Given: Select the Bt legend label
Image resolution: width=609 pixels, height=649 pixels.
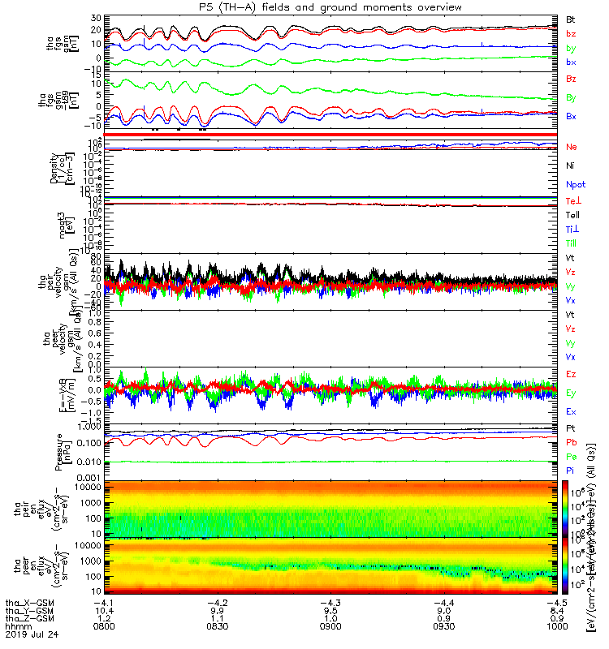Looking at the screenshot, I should [571, 19].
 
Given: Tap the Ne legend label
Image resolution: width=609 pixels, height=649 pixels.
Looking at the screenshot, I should [572, 147].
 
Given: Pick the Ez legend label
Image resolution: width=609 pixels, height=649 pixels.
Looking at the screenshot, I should [572, 374].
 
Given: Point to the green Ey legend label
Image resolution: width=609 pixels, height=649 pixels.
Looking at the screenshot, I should [572, 393].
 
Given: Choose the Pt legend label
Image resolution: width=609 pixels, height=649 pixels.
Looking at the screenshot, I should [571, 428].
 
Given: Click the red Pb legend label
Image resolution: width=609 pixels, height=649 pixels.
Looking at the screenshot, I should [572, 442].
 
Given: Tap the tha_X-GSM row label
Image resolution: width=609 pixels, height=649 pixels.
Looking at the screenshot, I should [25, 601].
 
